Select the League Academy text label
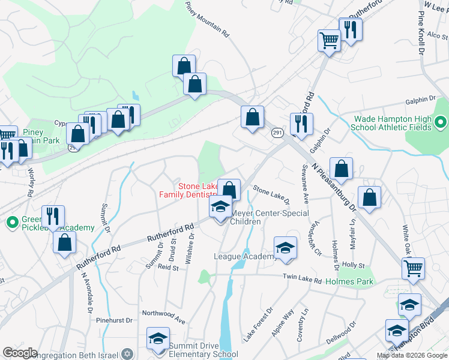pyautogui.click(x=244, y=256)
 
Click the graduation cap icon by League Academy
pyautogui.click(x=285, y=248)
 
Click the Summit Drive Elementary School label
pyautogui.click(x=203, y=350)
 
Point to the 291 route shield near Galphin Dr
pyautogui.click(x=277, y=133)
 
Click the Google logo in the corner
pyautogui.click(x=20, y=352)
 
